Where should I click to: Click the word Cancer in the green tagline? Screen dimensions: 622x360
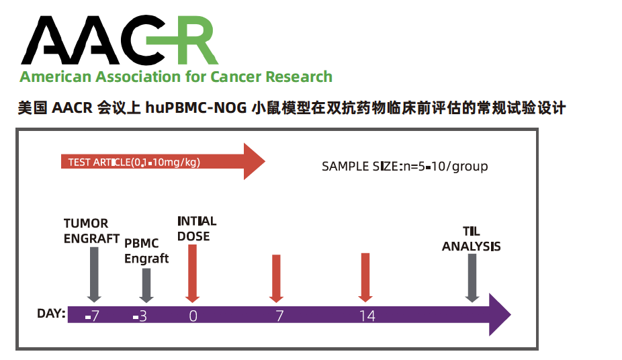click(236, 77)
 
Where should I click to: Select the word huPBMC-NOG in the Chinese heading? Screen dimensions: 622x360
click(196, 108)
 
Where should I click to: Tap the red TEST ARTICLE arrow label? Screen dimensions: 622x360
click(134, 162)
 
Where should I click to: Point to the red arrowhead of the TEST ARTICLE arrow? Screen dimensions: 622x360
click(254, 161)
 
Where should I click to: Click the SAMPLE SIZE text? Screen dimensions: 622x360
click(404, 167)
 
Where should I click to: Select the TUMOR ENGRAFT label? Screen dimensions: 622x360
click(91, 231)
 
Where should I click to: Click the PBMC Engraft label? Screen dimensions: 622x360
click(146, 251)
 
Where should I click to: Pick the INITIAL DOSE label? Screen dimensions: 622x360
click(197, 228)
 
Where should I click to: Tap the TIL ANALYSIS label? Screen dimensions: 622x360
click(472, 238)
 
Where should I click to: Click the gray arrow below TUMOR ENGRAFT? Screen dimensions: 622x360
click(94, 275)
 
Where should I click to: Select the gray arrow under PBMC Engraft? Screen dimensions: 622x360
click(146, 285)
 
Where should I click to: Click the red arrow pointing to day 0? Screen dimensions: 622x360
click(192, 273)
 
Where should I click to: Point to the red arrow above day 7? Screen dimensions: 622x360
click(276, 279)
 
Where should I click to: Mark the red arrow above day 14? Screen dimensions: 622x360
click(365, 277)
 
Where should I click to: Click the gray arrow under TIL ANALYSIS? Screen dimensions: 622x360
click(472, 278)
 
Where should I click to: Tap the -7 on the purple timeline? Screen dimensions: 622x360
click(93, 316)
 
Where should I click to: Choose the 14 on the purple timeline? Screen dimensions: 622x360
click(367, 316)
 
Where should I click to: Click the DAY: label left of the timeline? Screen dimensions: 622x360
click(51, 313)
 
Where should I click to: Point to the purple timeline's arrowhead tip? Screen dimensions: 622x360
click(511, 315)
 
